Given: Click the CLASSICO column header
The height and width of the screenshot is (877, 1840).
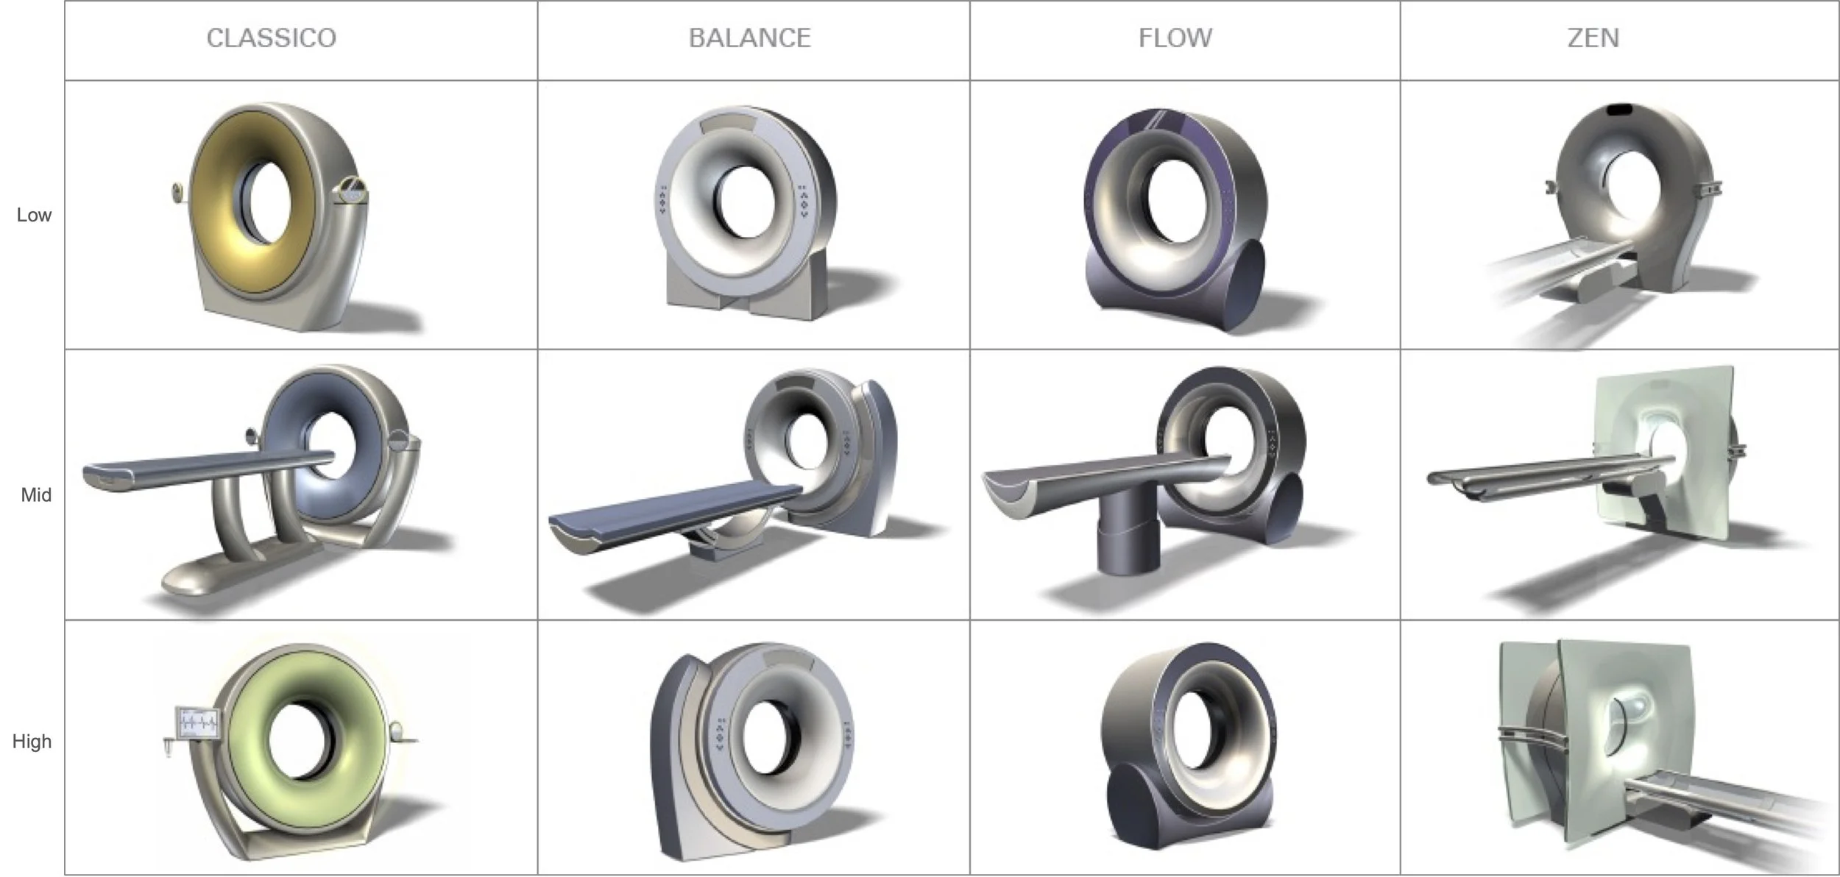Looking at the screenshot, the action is pyautogui.click(x=272, y=38).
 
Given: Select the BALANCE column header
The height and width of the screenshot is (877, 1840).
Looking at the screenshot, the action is pyautogui.click(x=750, y=38).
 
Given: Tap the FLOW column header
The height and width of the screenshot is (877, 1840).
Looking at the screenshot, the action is pyautogui.click(x=1175, y=38).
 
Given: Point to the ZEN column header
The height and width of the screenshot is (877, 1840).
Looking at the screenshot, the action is pyautogui.click(x=1593, y=38).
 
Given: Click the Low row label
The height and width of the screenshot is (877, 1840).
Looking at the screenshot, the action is pyautogui.click(x=34, y=215).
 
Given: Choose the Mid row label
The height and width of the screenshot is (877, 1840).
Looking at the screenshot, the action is pyautogui.click(x=36, y=495).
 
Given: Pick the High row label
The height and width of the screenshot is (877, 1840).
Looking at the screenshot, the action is pyautogui.click(x=32, y=741).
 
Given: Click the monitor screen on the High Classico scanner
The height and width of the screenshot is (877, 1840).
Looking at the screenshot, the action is pyautogui.click(x=199, y=723).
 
